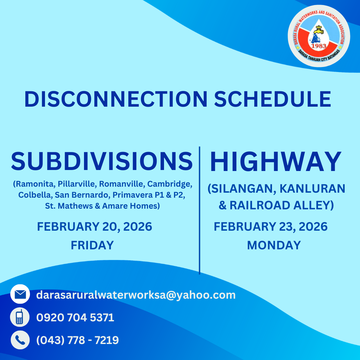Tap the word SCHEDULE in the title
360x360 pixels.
tap(272, 99)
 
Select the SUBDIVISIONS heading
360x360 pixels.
tap(102, 161)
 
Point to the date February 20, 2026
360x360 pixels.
tap(94, 227)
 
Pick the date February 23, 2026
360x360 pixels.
tap(270, 227)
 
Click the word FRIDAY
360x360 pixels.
tap(92, 245)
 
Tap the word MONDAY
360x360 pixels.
tap(274, 245)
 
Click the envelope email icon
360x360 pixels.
tap(20, 294)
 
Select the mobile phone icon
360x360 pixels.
tap(20, 317)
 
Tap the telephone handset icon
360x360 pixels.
tap(20, 340)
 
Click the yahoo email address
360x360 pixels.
tap(136, 295)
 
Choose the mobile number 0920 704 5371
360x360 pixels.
tap(75, 317)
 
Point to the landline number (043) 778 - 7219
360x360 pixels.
tap(77, 340)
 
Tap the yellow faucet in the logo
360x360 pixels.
tap(319, 31)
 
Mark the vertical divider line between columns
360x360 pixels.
tap(199, 210)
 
